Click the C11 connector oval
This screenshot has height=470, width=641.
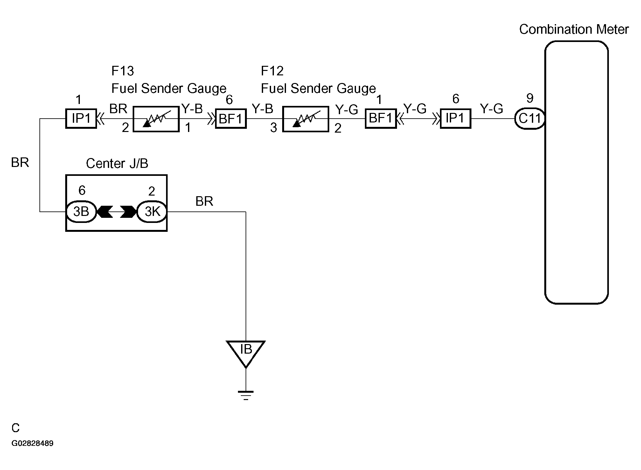click(529, 119)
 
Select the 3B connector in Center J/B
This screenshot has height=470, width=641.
click(81, 211)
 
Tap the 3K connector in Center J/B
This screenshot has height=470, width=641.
click(152, 211)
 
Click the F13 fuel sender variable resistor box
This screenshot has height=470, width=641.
click(156, 119)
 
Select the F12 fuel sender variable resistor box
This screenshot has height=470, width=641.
click(305, 119)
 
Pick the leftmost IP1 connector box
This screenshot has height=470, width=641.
click(81, 119)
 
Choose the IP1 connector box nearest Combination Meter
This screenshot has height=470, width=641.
click(456, 119)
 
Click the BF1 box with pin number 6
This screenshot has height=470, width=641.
click(231, 119)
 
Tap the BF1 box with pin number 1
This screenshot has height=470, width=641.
click(381, 119)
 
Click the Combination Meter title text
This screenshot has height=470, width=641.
click(574, 29)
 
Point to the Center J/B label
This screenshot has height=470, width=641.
click(117, 163)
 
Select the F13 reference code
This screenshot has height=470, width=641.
click(122, 71)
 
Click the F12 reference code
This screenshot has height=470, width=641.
click(272, 71)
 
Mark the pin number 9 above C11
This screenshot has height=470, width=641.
click(530, 98)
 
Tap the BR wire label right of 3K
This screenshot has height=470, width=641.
click(204, 201)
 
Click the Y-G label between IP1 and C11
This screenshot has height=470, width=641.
click(491, 109)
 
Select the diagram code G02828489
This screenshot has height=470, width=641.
click(32, 443)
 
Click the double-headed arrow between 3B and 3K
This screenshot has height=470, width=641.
click(116, 211)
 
